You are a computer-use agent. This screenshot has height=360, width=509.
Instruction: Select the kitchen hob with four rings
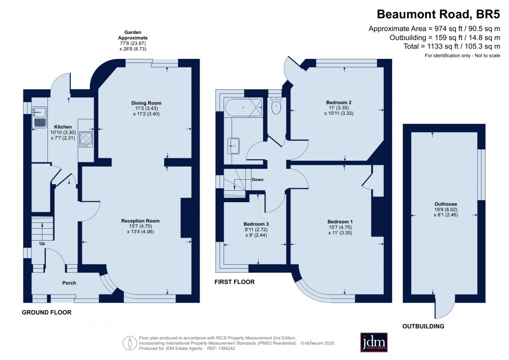pyautogui.click(x=85, y=138)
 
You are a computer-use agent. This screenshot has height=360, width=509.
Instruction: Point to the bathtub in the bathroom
pyautogui.click(x=243, y=107)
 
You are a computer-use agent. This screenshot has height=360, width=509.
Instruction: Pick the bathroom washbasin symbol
pyautogui.click(x=235, y=146)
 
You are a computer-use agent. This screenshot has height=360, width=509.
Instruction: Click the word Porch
pyautogui.click(x=69, y=283)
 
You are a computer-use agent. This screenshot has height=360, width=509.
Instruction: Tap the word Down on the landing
pyautogui.click(x=257, y=179)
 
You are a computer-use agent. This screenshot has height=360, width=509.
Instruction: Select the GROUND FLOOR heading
pyautogui.click(x=47, y=313)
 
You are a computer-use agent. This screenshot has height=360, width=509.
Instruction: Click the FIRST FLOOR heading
pyautogui.click(x=234, y=282)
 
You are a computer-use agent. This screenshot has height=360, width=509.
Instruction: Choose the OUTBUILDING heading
pyautogui.click(x=423, y=327)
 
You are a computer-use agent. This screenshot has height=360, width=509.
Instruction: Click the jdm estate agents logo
pyautogui.click(x=377, y=342)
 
